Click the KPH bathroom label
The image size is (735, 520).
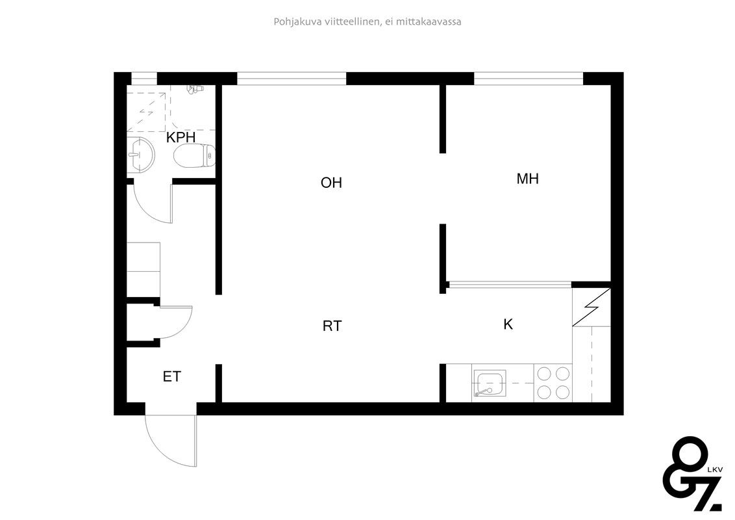click(181, 138)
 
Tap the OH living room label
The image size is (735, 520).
click(331, 183)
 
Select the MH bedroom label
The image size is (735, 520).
click(527, 179)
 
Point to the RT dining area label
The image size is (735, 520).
click(332, 326)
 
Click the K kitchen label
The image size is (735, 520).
click(508, 324)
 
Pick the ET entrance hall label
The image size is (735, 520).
click(171, 376)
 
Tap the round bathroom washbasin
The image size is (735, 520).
click(141, 155)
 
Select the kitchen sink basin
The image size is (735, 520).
click(490, 383)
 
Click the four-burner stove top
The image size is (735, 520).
click(553, 383)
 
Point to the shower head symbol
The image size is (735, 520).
click(195, 88)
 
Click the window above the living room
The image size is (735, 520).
click(292, 79)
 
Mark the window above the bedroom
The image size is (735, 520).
click(529, 79)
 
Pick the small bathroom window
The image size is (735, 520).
click(144, 79)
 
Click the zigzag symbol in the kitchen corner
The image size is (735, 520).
click(592, 307)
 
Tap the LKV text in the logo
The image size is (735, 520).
click(715, 469)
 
